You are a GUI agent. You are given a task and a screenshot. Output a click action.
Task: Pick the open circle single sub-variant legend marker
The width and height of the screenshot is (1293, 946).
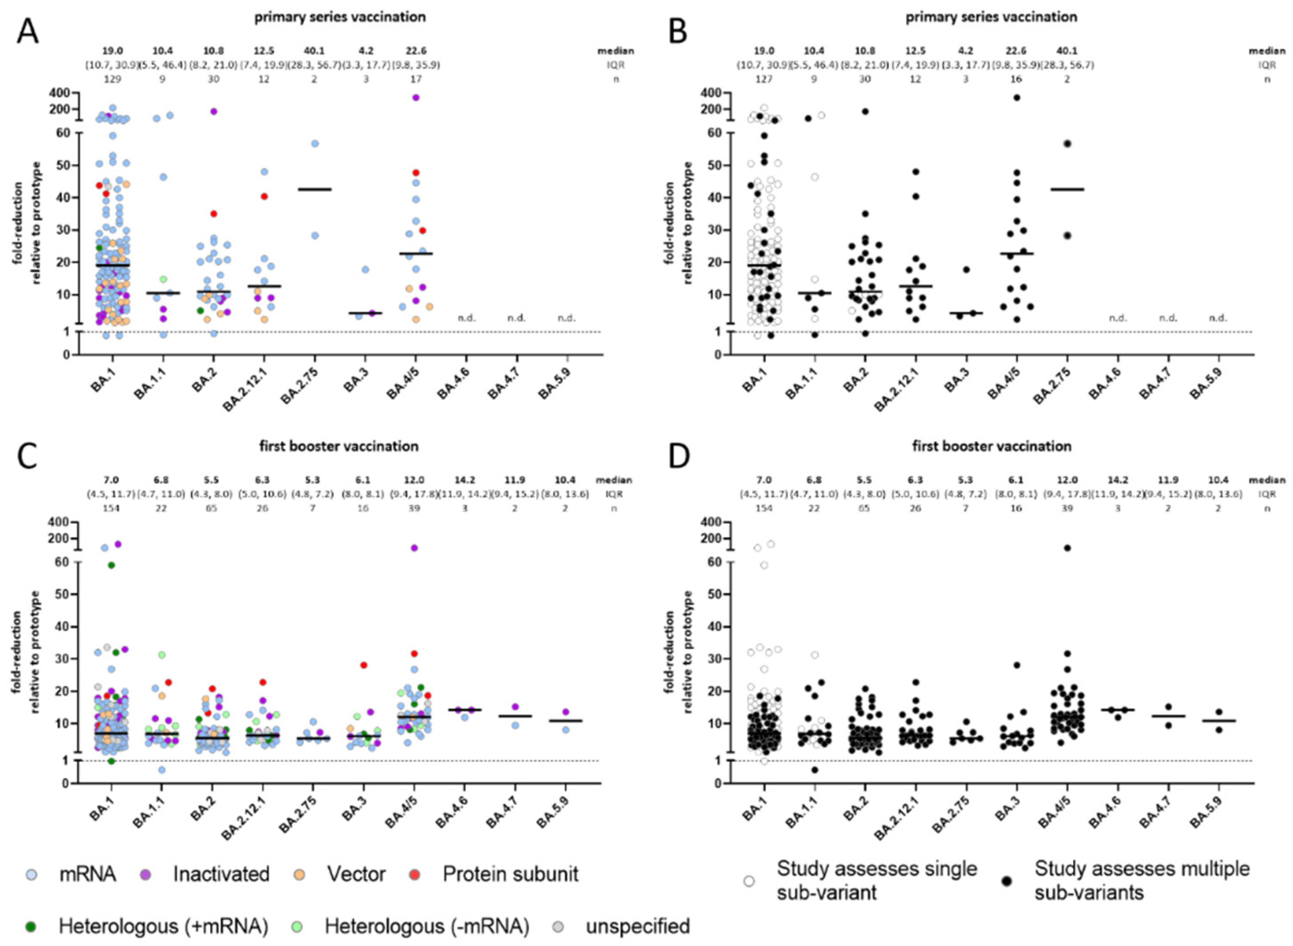[x=748, y=882]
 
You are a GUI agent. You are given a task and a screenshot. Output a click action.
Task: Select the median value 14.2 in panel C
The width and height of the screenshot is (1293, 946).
[x=465, y=480]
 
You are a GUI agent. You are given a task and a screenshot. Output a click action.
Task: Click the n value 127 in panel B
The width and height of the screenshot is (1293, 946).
[x=765, y=79]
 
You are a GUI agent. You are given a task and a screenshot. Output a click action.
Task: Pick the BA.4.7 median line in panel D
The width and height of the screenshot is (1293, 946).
[x=1167, y=716]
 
